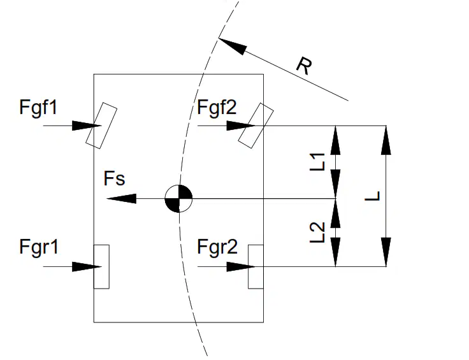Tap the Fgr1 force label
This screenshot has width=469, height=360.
coord(39,248)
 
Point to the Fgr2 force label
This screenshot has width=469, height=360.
coord(217,248)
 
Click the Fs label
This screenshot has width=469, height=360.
coord(114,178)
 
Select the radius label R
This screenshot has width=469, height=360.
coord(304,66)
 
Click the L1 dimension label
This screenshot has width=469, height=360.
coord(317,162)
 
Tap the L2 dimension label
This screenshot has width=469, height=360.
coord(317,233)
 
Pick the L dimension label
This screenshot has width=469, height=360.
coord(372,196)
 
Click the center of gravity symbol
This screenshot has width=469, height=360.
coord(178,199)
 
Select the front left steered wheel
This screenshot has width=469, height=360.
coord(101,126)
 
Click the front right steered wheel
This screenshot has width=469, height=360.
coord(256,126)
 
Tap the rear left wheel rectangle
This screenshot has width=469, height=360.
coord(101,267)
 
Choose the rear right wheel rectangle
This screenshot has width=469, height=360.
coord(256,267)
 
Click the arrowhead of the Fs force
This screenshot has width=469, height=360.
coord(122,199)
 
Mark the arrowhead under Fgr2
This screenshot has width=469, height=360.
coord(242,267)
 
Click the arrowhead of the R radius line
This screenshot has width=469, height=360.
coord(233,46)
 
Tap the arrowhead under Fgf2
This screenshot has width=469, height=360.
coord(242,126)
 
